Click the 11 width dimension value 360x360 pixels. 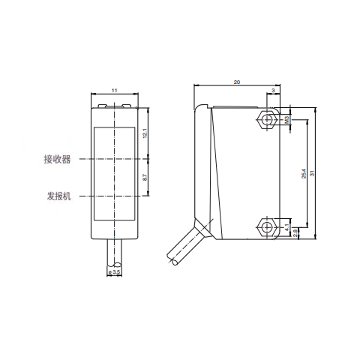tap(114, 90)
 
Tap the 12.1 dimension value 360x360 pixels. tap(145, 133)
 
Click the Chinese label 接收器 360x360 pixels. tap(57, 159)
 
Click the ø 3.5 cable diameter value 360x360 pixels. tap(115, 271)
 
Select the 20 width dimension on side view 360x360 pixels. tap(237, 81)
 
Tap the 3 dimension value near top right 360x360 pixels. tap(272, 90)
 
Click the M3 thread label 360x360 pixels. tap(287, 119)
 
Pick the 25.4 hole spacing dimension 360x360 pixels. tap(304, 173)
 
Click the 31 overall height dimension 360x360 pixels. tap(313, 172)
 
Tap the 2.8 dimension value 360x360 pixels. tap(296, 232)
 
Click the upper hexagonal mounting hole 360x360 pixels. tap(266, 119)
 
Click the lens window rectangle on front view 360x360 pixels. tap(114, 173)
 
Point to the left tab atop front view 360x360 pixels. tap(101, 105)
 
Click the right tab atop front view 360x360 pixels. tap(127, 105)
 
